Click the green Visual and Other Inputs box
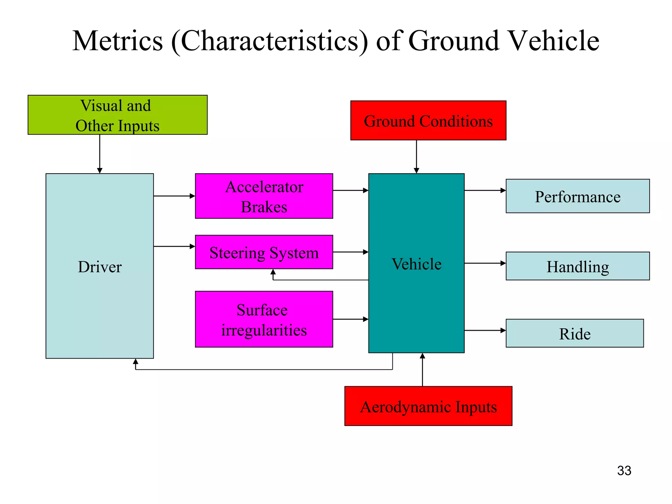pos(117,115)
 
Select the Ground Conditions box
pos(428,120)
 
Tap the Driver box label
pos(99,267)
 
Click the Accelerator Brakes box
pos(264,196)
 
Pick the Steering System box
pos(264,252)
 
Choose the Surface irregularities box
pos(264,319)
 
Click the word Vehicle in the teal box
pos(416,264)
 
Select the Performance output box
pos(577,196)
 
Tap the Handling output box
pos(577,266)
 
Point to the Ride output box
pos(575,333)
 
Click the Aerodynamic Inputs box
pos(428,406)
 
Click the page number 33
pos(624,471)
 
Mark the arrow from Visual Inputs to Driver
pos(100,154)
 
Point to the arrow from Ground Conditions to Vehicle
pos(416,157)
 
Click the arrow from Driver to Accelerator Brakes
pos(174,196)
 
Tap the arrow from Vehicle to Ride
pos(485,330)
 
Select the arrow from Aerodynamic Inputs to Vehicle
pos(422,370)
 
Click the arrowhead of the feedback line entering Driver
pos(136,362)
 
